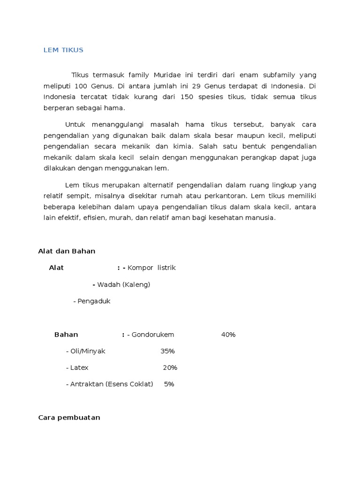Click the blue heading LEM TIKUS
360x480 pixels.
[x=63, y=50]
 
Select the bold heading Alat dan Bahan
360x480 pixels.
[x=67, y=251]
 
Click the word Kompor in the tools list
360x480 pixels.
[x=141, y=268]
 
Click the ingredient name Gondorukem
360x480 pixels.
[x=153, y=335]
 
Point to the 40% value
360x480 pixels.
[x=228, y=335]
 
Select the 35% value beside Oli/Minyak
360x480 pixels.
[x=167, y=351]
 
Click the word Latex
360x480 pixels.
[x=79, y=367]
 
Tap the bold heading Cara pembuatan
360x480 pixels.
[x=69, y=418]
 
